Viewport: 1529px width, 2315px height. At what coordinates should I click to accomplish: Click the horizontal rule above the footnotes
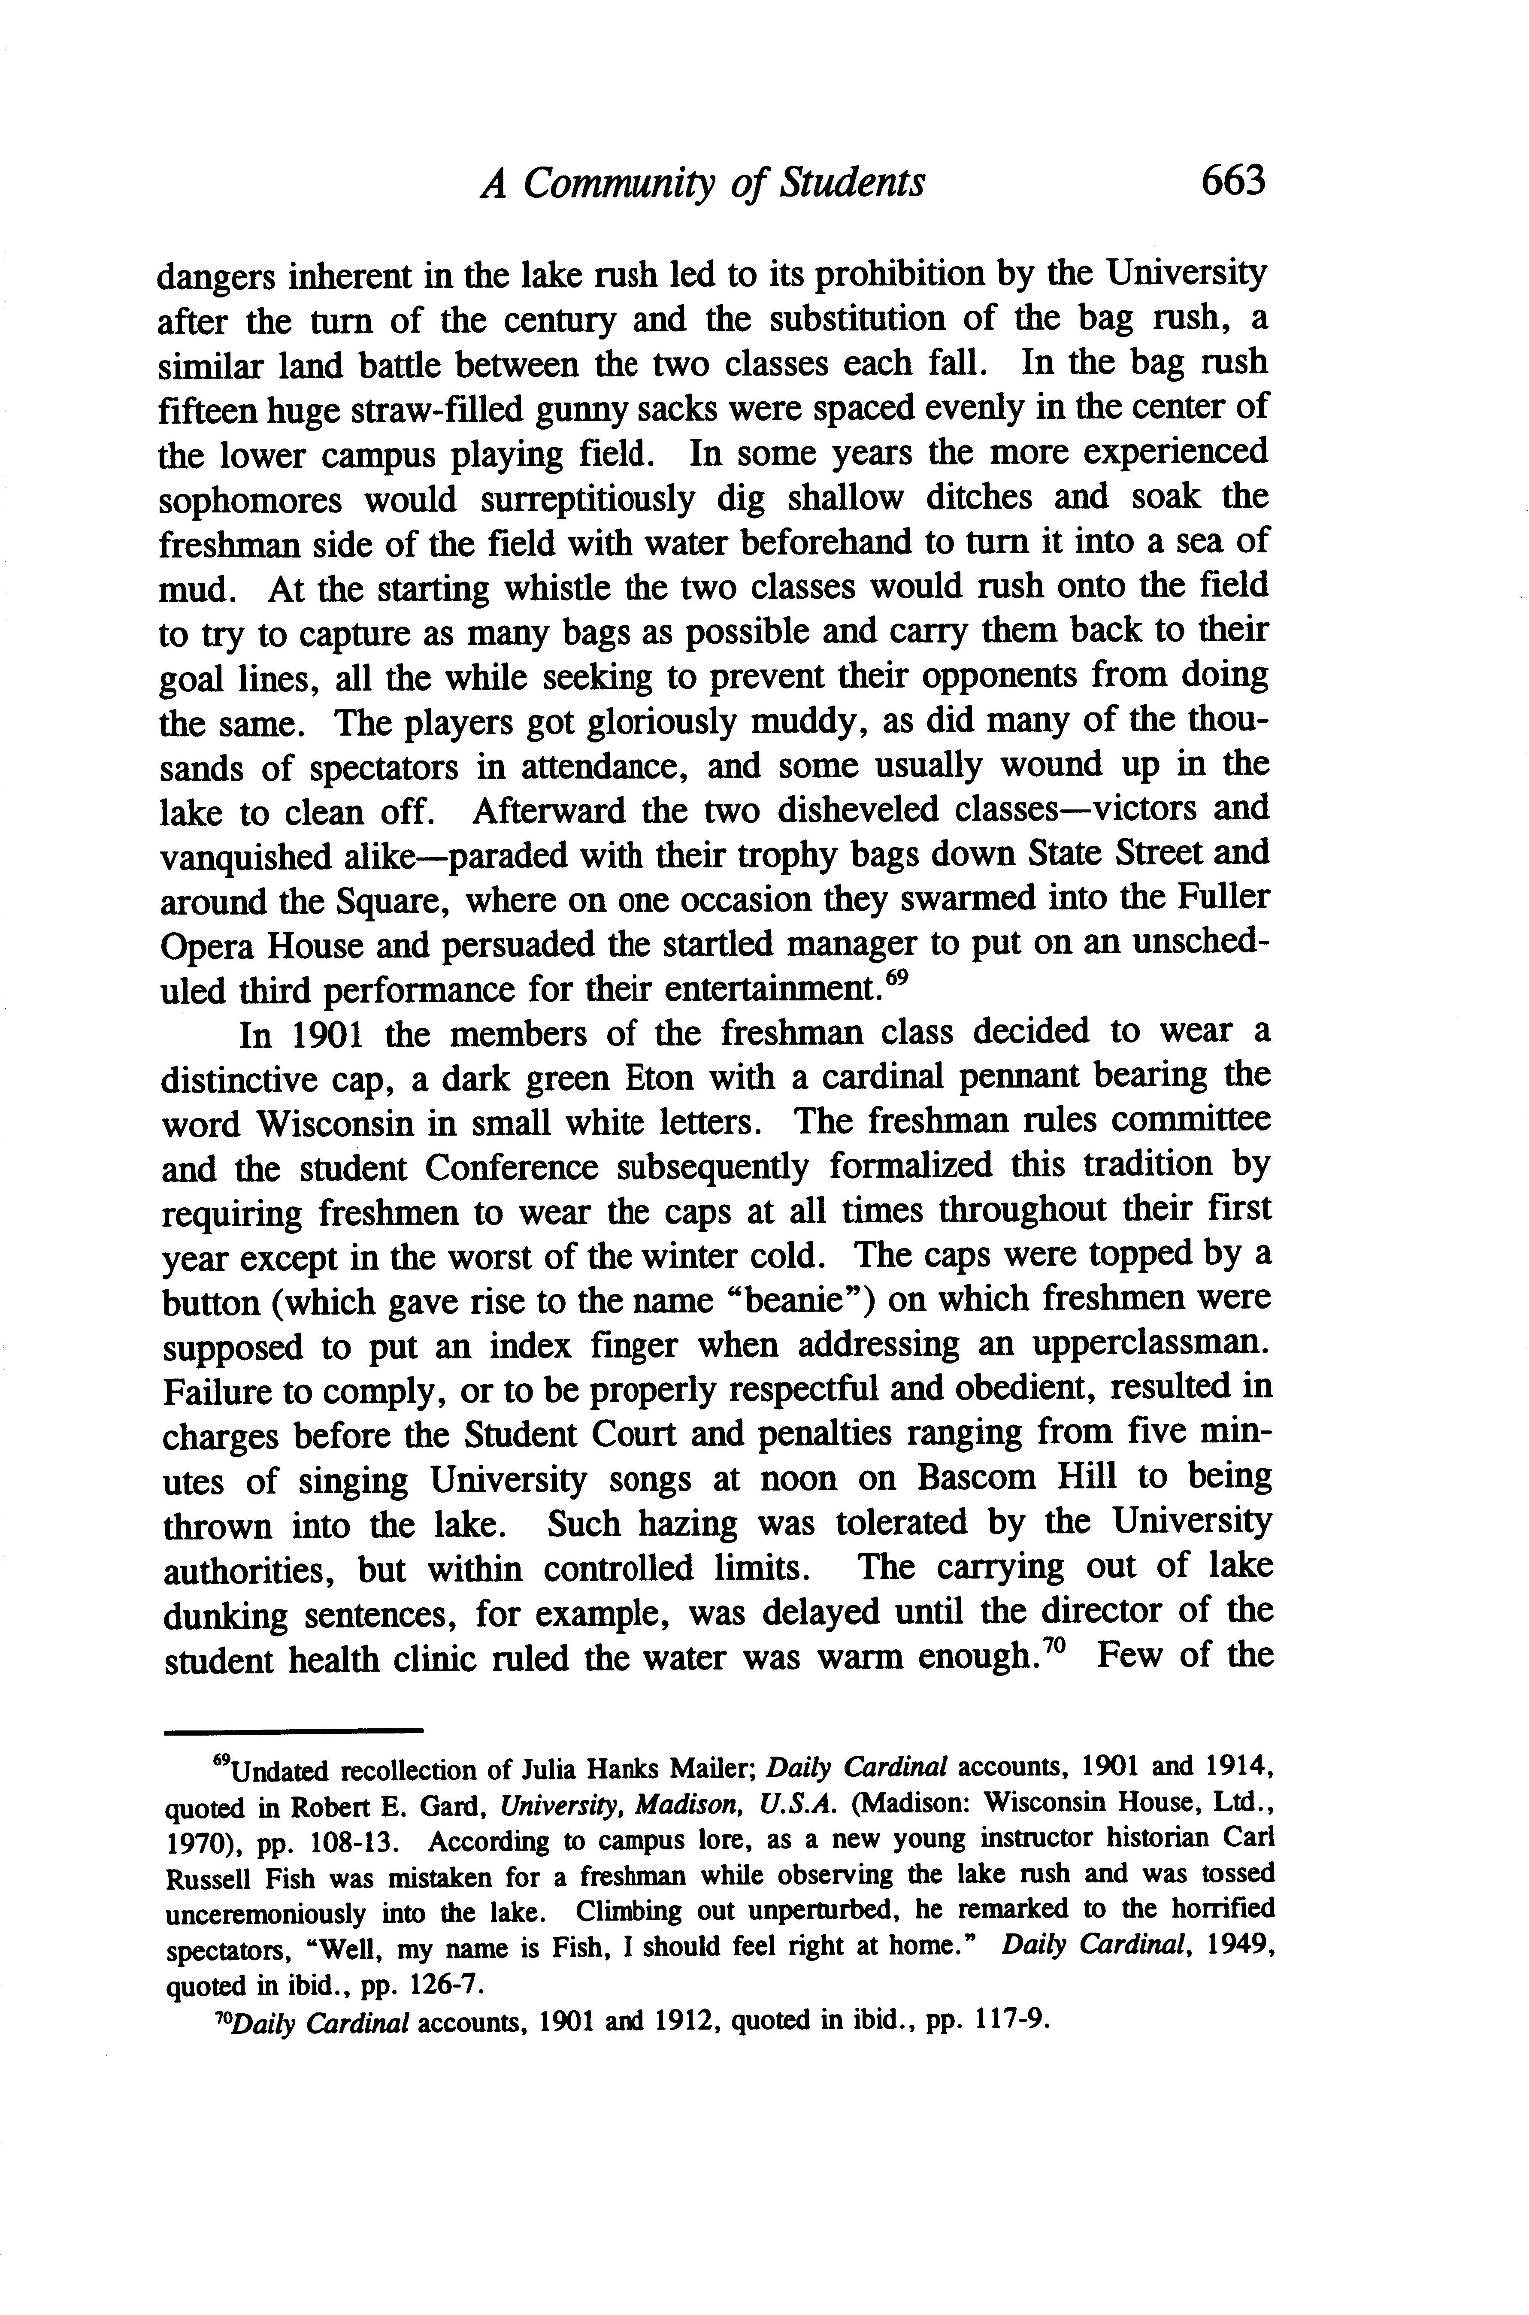[x=293, y=1731]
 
